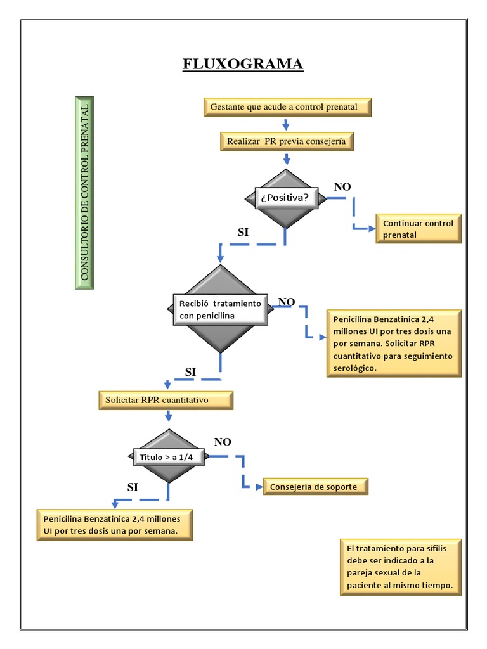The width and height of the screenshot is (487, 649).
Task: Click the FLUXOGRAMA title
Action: click(x=243, y=64)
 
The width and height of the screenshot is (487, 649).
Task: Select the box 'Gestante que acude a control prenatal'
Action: click(x=287, y=107)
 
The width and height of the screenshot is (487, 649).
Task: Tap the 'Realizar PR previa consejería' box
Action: click(x=286, y=141)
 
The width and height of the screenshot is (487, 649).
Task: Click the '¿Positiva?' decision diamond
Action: click(x=285, y=198)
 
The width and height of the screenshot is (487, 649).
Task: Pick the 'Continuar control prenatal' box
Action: click(x=419, y=229)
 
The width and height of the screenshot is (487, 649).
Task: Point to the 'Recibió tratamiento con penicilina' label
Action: click(x=219, y=309)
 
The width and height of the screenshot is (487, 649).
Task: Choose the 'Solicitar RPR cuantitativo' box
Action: click(x=166, y=401)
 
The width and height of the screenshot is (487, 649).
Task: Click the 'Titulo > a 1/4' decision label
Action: click(x=168, y=456)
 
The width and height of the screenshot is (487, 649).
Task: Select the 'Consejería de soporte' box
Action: click(x=315, y=487)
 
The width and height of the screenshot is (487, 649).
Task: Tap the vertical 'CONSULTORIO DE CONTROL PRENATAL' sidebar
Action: click(x=84, y=193)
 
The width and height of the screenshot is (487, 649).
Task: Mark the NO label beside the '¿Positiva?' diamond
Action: click(x=342, y=186)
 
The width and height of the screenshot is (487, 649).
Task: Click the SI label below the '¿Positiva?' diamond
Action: click(x=243, y=233)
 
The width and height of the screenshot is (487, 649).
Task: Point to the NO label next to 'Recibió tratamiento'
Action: click(x=286, y=302)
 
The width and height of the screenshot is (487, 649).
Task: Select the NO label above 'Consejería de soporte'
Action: click(x=223, y=442)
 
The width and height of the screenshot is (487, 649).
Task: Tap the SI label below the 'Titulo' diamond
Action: click(x=133, y=487)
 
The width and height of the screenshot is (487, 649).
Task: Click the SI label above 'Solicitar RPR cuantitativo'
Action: click(x=190, y=371)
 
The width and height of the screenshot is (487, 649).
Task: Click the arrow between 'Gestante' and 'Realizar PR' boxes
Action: click(x=285, y=124)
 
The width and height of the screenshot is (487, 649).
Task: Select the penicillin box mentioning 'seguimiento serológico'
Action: click(x=393, y=343)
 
